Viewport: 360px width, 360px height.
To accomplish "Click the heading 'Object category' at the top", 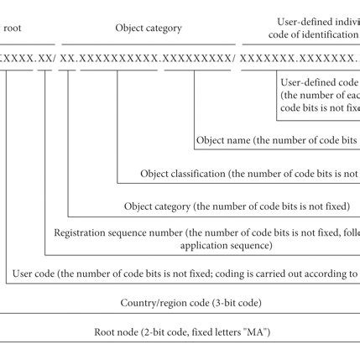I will (x=148, y=28).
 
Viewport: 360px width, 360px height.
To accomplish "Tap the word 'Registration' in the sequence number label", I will (x=81, y=232).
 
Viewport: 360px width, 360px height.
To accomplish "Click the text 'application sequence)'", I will (x=226, y=245).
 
